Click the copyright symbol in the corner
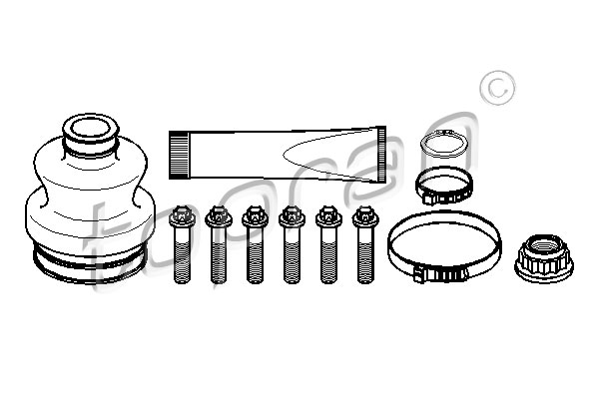(x=497, y=88)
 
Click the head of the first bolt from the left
(x=182, y=216)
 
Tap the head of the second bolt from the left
(x=219, y=216)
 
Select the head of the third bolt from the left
(x=256, y=216)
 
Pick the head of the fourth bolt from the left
(x=292, y=216)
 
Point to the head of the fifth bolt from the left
(x=328, y=216)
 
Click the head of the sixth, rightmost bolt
(x=365, y=216)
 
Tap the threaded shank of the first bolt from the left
(x=182, y=255)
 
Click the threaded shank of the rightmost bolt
(x=365, y=255)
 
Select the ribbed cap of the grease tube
(x=179, y=155)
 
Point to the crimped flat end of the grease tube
(x=381, y=155)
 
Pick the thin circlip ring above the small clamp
(x=444, y=144)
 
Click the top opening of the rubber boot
(x=91, y=128)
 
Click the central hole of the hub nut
(x=543, y=244)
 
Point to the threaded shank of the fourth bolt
(x=292, y=255)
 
